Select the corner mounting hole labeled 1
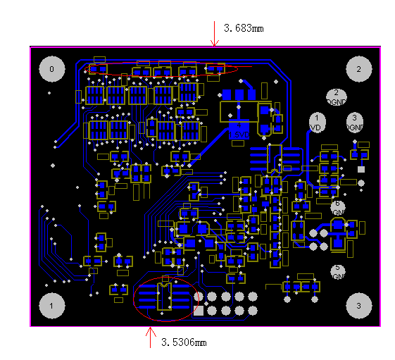pyautogui.click(x=51, y=305)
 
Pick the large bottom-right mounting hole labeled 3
pyautogui.click(x=358, y=305)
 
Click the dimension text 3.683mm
pyautogui.click(x=244, y=29)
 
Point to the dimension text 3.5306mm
pyautogui.click(x=184, y=342)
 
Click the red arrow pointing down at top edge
pyautogui.click(x=215, y=33)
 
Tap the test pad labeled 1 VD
pyautogui.click(x=317, y=122)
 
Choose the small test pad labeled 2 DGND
pyautogui.click(x=336, y=97)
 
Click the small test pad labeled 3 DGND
pyautogui.click(x=355, y=122)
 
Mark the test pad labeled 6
pyautogui.click(x=337, y=207)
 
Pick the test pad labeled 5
pyautogui.click(x=337, y=271)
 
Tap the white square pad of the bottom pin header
pyautogui.click(x=199, y=310)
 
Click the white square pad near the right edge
pyautogui.click(x=361, y=169)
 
